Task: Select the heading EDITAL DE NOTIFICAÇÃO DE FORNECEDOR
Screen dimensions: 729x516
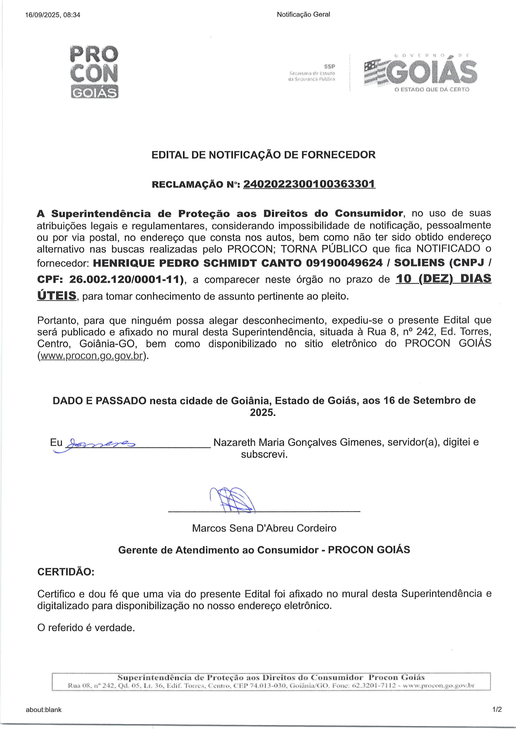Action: [x=263, y=155]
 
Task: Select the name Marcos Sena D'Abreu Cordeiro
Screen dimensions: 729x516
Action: [x=264, y=528]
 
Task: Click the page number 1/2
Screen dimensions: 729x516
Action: [x=497, y=709]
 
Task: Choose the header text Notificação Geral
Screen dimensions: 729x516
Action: [x=303, y=14]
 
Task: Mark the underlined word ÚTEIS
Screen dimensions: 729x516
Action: [x=57, y=295]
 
